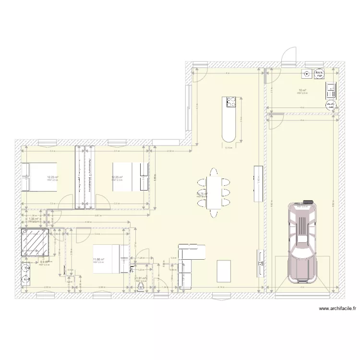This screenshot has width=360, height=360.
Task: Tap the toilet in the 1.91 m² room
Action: coord(141,287)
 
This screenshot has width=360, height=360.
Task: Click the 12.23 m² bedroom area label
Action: coord(52,177)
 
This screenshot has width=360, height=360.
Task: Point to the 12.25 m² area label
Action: coord(117,177)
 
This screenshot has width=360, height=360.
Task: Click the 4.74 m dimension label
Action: coord(220,287)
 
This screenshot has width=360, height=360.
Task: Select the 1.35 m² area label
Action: coord(33,219)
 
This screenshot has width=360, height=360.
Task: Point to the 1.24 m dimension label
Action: coord(164,287)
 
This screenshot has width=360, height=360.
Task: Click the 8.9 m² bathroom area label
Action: coord(43,262)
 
